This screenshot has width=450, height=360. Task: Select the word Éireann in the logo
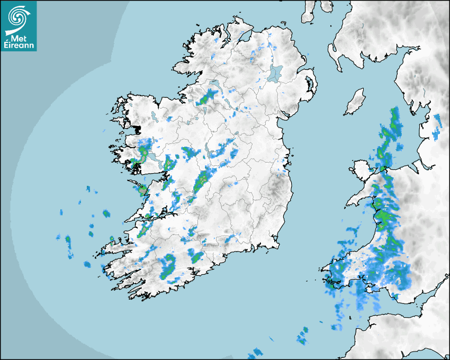19,46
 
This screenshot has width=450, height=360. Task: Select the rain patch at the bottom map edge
256,353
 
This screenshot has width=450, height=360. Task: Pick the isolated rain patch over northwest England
436,127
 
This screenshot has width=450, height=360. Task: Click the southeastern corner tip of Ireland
276,245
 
